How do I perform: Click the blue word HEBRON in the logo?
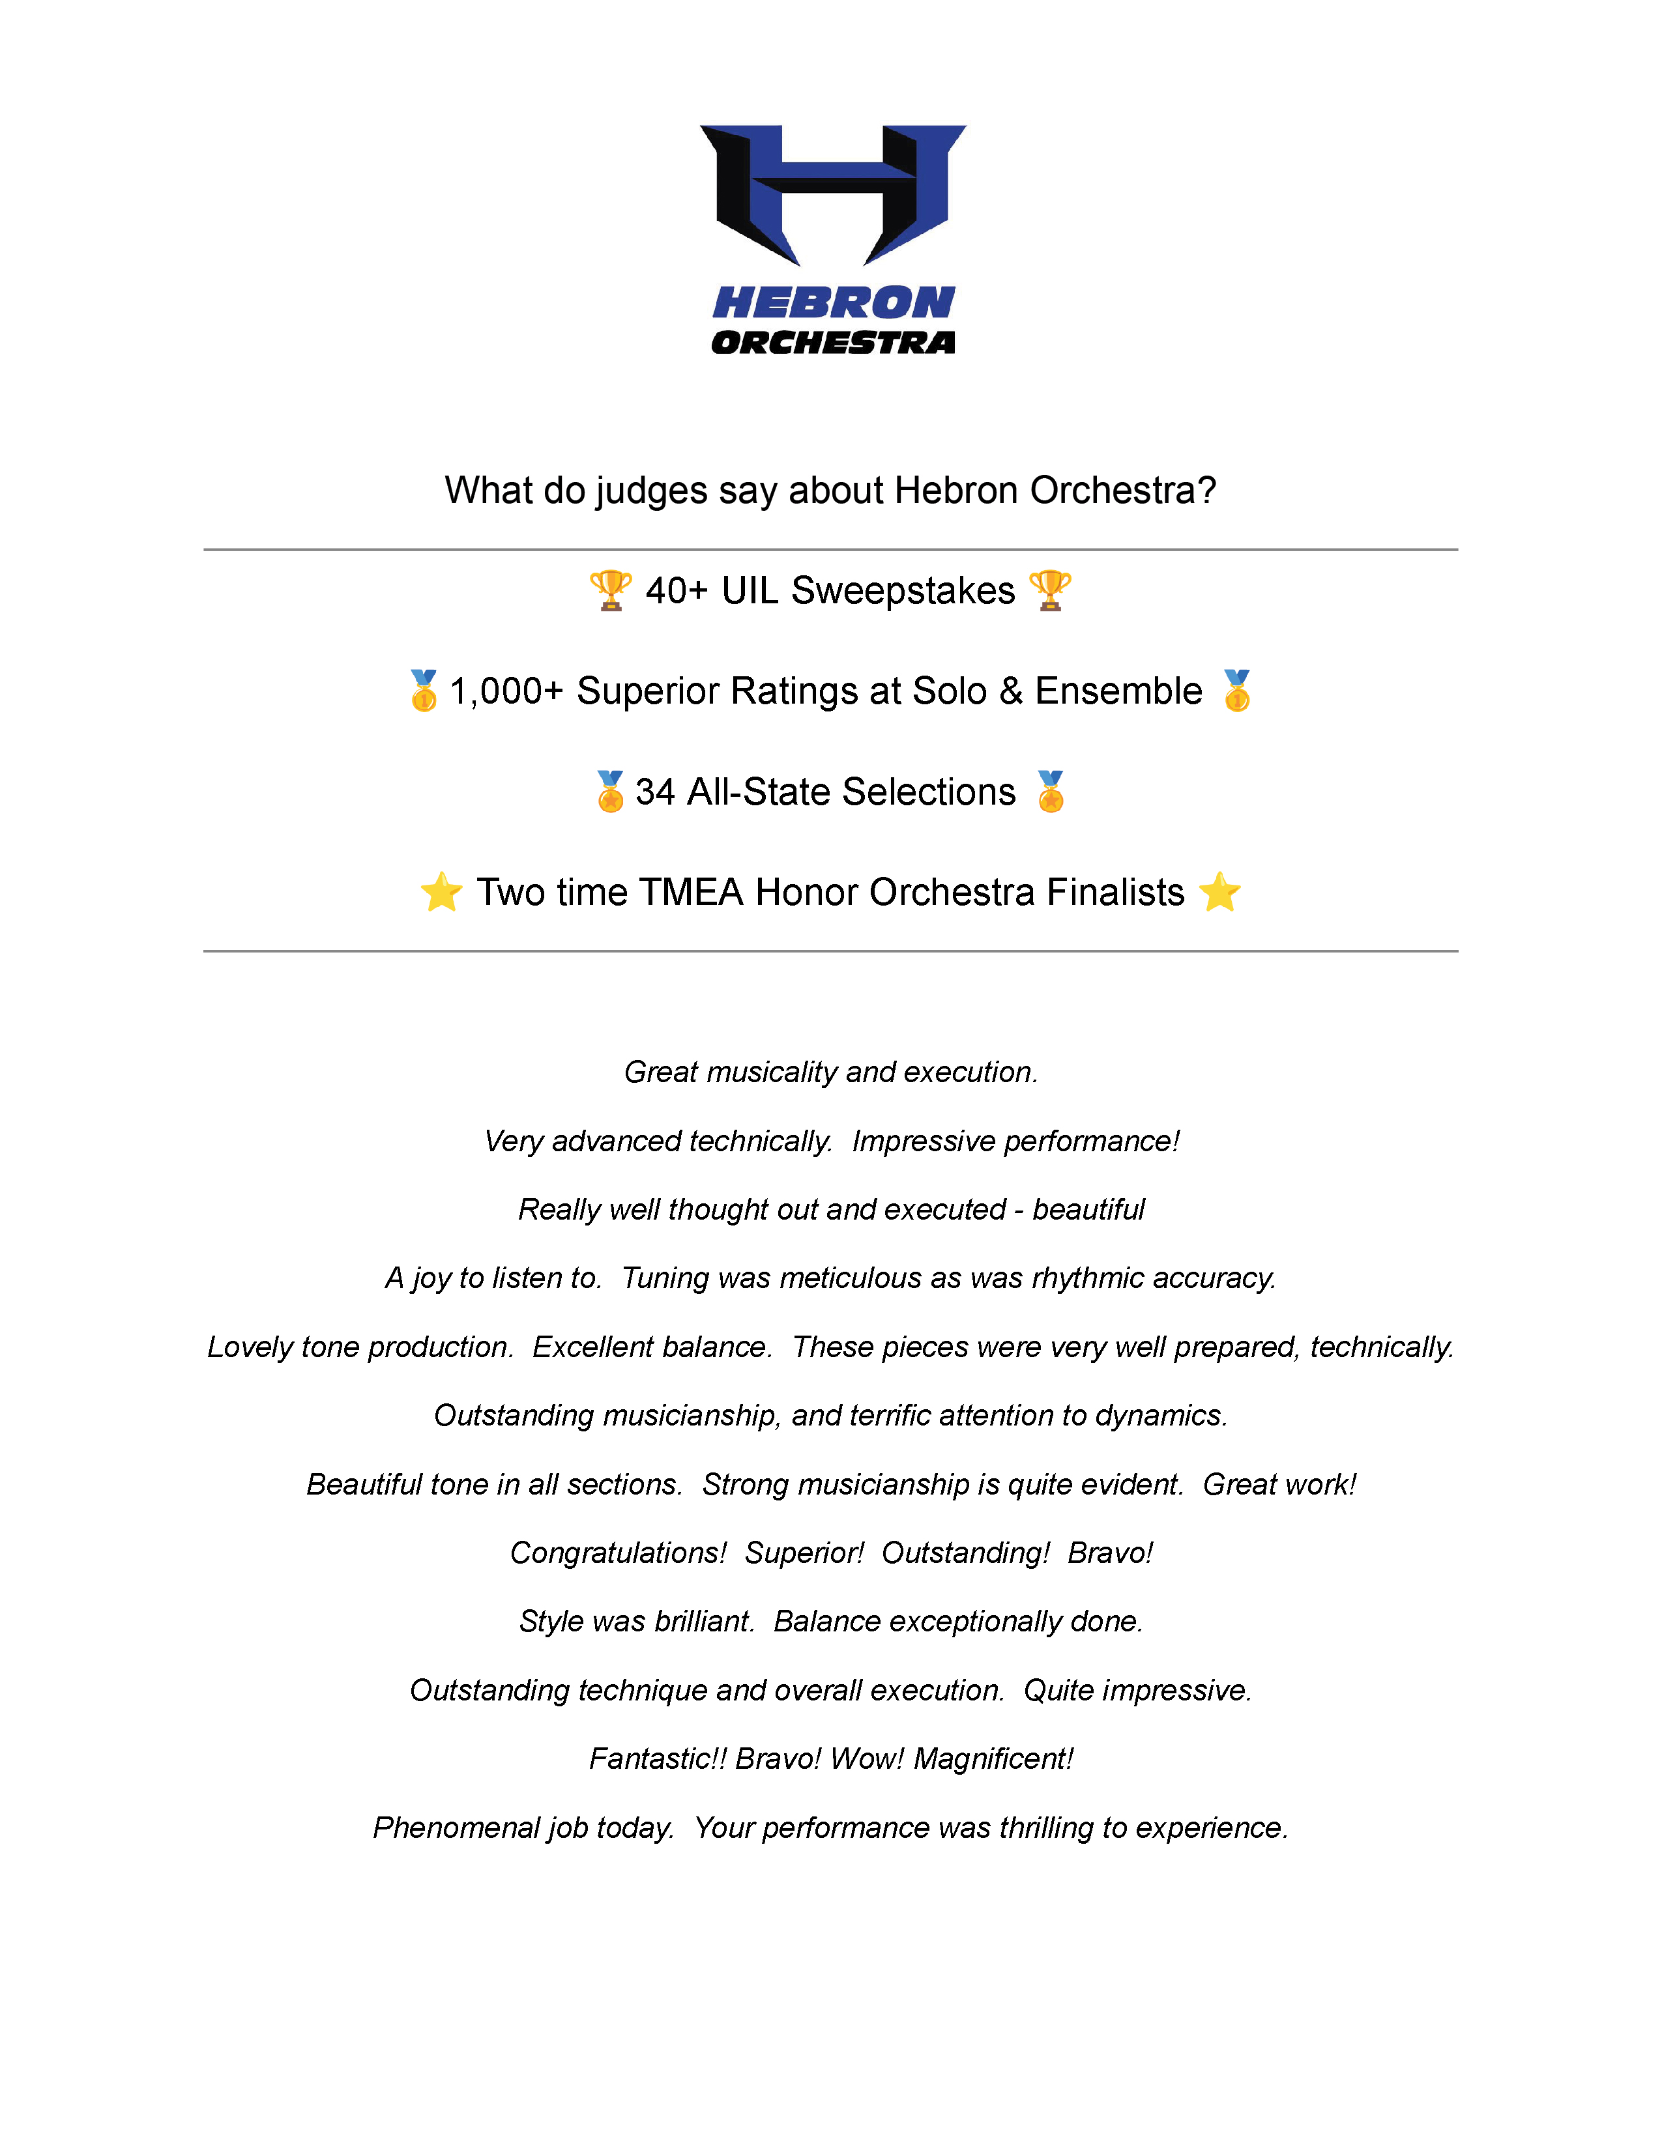833,303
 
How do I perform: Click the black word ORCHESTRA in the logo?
833,343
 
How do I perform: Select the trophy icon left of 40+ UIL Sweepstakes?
611,591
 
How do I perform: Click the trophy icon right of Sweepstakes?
1049,591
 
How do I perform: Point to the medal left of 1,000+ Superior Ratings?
424,691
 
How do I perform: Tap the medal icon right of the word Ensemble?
1236,691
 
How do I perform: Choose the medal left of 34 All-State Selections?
611,792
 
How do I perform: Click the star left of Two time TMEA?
441,892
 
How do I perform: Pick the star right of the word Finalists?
1219,892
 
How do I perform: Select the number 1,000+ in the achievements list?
506,691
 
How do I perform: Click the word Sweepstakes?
903,591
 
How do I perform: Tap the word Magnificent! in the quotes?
993,1758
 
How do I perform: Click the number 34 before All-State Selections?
655,792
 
